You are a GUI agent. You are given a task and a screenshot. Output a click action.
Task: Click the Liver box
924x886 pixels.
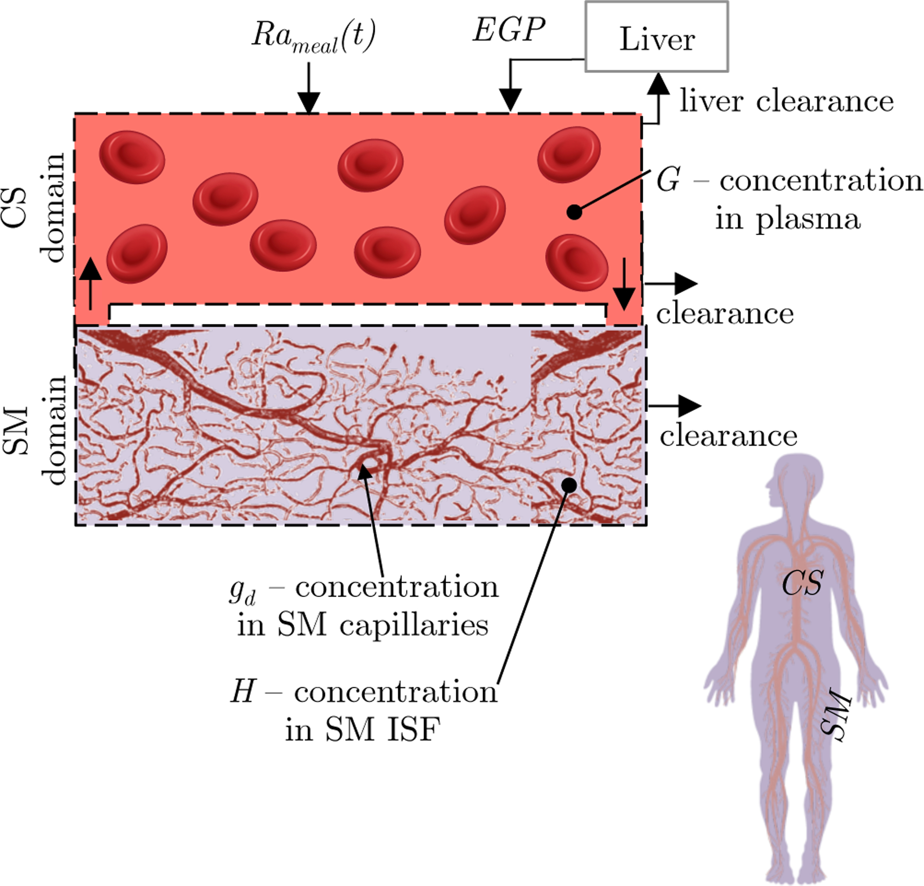(657, 37)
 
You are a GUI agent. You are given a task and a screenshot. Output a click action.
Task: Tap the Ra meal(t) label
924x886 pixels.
(313, 37)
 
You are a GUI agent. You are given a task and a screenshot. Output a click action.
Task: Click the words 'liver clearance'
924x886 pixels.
(786, 101)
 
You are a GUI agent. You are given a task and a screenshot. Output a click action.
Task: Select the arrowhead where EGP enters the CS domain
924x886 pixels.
(510, 99)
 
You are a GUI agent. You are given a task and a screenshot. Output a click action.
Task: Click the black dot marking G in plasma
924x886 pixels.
(574, 211)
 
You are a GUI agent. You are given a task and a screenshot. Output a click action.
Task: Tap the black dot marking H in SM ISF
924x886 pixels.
(569, 485)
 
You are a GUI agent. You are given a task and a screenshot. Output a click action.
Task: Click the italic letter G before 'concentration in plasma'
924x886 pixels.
(668, 180)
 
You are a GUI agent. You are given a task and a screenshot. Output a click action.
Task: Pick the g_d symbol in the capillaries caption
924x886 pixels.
(242, 590)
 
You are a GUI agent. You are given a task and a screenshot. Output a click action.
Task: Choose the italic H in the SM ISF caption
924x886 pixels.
(243, 691)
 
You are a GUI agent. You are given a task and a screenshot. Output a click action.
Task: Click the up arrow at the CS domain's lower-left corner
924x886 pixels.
(91, 282)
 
